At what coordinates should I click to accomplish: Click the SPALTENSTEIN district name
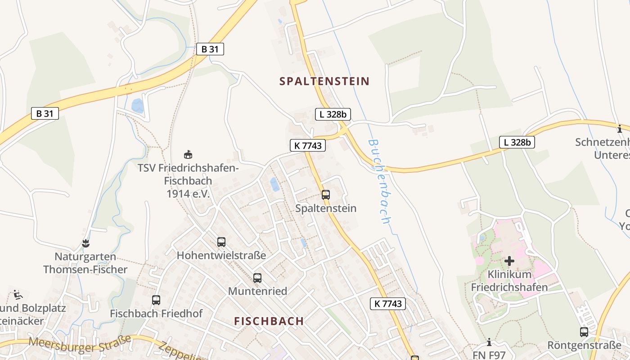click(324, 81)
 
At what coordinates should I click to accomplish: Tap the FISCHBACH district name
click(269, 321)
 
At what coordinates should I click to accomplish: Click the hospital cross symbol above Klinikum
click(509, 261)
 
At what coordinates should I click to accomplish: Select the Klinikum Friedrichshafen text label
click(509, 281)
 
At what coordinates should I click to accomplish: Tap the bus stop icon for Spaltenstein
click(326, 195)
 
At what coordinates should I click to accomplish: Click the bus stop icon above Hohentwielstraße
click(221, 242)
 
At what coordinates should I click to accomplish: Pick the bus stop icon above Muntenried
click(257, 278)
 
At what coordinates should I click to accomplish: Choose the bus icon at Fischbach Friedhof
click(156, 300)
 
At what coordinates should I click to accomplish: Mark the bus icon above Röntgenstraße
click(584, 332)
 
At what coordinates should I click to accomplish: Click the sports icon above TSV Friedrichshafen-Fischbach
click(188, 155)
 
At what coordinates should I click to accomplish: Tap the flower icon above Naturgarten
click(85, 244)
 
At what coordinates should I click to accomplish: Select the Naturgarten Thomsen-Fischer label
click(85, 263)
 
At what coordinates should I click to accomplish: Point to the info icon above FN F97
click(489, 342)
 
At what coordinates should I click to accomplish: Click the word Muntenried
click(257, 291)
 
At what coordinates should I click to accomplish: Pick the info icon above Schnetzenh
click(620, 129)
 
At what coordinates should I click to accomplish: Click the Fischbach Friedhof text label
click(156, 313)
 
